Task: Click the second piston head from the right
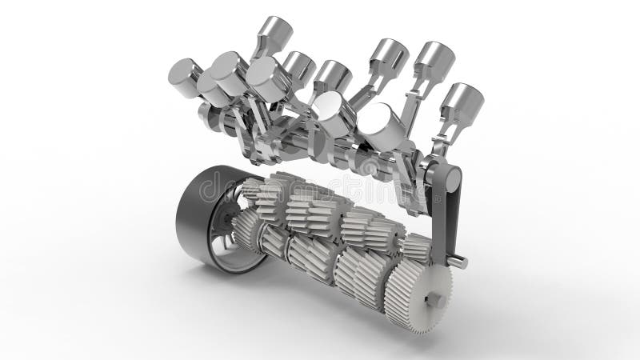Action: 435,58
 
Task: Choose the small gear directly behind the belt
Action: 414,248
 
